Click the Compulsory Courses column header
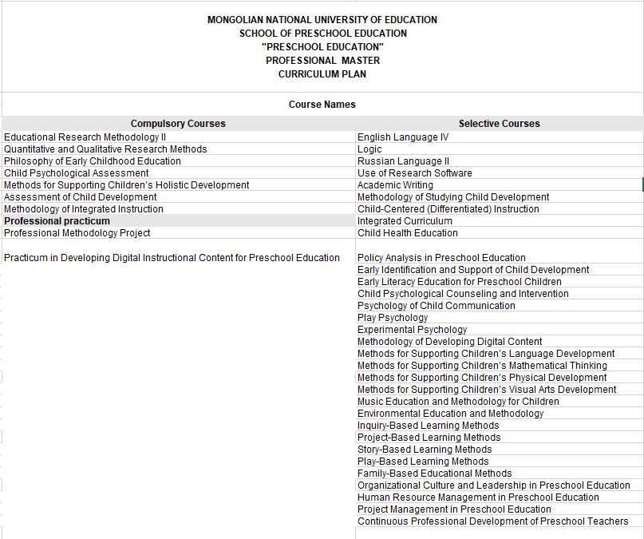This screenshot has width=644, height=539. (x=178, y=124)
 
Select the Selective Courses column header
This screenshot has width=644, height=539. (x=499, y=124)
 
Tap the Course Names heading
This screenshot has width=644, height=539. (x=322, y=105)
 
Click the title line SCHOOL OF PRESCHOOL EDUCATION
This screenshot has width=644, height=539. (x=322, y=34)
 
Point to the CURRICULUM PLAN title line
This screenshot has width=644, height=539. (x=322, y=74)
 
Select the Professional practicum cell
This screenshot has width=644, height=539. (x=57, y=221)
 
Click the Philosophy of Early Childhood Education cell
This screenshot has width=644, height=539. (x=93, y=161)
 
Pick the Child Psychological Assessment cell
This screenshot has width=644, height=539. (x=77, y=173)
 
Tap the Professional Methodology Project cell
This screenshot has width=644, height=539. (x=77, y=233)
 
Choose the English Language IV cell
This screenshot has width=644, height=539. (x=403, y=137)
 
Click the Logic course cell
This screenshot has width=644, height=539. (x=369, y=149)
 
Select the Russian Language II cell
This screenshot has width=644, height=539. (x=404, y=161)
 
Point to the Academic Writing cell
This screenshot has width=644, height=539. (x=395, y=185)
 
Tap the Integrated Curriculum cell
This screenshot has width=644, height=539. (x=406, y=221)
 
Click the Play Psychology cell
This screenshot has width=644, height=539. (x=393, y=318)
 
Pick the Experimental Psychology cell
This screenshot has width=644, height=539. (x=412, y=330)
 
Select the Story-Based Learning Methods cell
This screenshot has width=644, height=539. (x=425, y=450)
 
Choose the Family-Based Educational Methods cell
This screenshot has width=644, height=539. (x=435, y=474)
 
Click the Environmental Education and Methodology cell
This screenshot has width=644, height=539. (x=450, y=414)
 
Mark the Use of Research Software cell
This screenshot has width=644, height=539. (x=415, y=173)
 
